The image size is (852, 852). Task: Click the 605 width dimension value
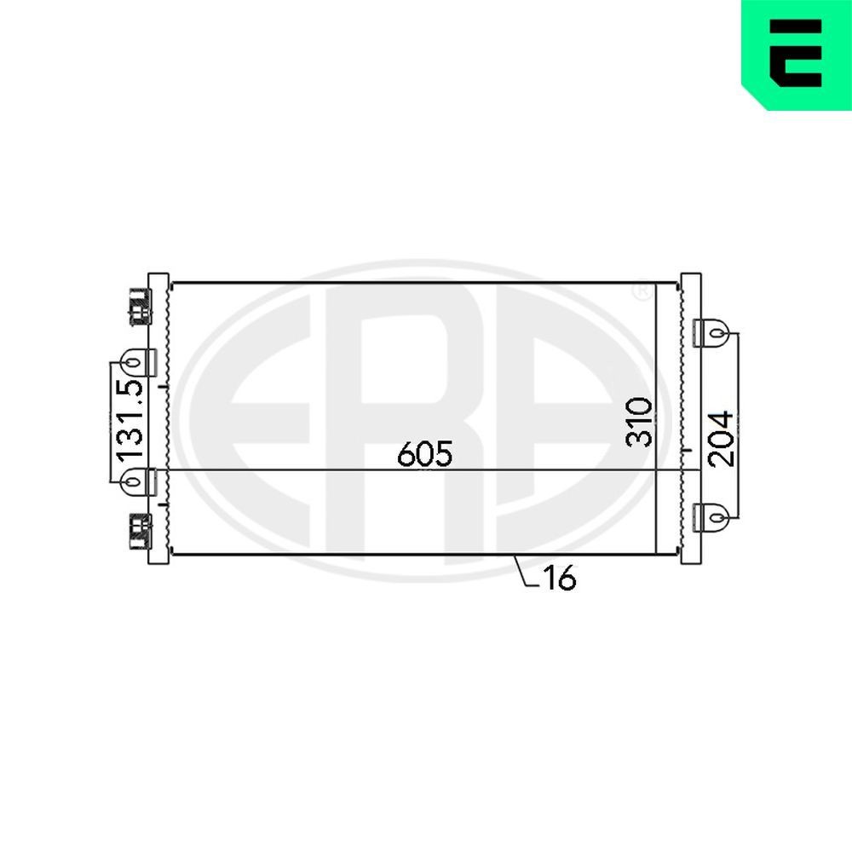pyautogui.click(x=424, y=454)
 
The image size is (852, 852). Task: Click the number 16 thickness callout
pyautogui.click(x=559, y=579)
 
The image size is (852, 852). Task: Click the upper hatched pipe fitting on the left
pyautogui.click(x=137, y=306)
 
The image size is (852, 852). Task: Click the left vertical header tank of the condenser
pyautogui.click(x=158, y=417)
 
